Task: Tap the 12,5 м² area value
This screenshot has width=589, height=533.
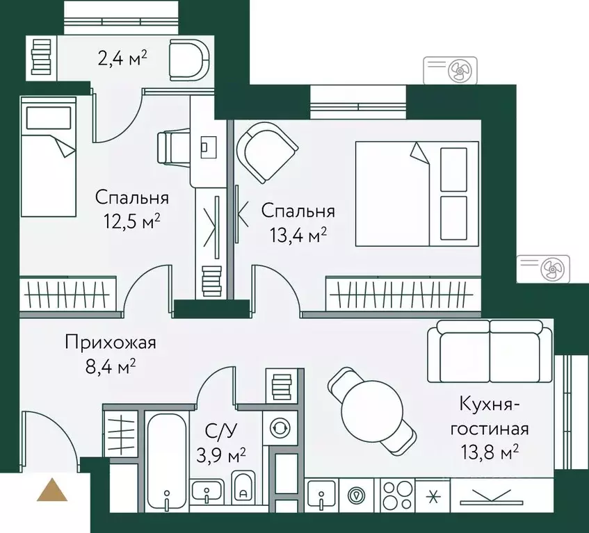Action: (x=132, y=222)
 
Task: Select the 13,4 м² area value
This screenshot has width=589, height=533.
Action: (x=298, y=235)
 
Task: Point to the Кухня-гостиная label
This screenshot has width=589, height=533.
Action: (x=493, y=416)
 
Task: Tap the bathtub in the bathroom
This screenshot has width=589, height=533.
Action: (x=168, y=459)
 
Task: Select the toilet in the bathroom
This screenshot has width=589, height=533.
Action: (x=243, y=487)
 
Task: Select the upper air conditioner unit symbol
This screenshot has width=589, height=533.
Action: (x=450, y=70)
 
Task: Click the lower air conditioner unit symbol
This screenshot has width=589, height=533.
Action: (x=543, y=268)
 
